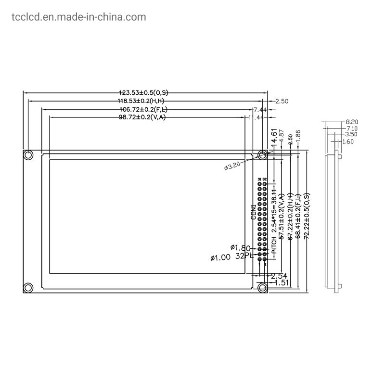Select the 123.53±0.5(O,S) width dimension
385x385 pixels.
(144, 92)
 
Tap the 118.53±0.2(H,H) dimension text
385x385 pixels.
(144, 101)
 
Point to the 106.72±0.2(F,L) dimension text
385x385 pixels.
(144, 109)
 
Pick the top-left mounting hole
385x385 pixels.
(28, 155)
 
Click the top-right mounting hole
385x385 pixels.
(262, 155)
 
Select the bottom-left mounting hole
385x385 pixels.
(28, 287)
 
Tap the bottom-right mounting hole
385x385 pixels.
(262, 287)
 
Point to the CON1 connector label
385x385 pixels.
(254, 212)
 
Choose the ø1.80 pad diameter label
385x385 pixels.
(241, 248)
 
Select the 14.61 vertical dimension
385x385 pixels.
(274, 138)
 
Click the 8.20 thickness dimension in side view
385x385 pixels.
(351, 123)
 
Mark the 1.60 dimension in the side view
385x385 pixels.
(347, 141)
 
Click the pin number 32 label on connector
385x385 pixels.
(265, 179)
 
